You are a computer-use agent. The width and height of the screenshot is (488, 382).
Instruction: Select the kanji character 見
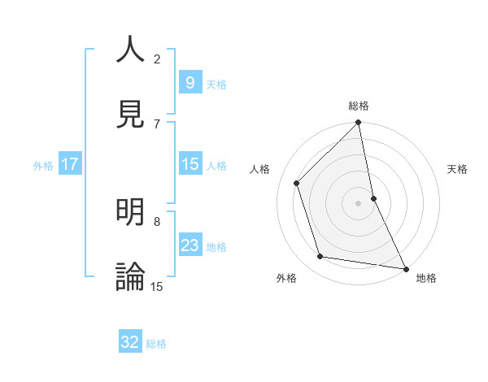[x=131, y=114]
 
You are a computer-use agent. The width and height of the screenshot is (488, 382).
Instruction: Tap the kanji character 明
[x=131, y=212]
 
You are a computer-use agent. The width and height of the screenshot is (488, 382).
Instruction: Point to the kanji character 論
[x=131, y=276]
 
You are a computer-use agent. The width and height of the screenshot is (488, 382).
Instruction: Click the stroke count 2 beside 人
[x=157, y=59]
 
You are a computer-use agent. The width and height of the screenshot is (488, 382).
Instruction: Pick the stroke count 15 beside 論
[x=157, y=286]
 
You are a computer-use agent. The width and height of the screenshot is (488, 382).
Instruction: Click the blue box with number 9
[x=190, y=82]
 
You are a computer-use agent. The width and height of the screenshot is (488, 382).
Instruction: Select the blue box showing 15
[x=190, y=164]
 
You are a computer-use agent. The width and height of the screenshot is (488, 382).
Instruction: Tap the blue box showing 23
[x=190, y=245]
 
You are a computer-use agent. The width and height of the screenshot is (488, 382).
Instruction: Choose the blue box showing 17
[x=70, y=164]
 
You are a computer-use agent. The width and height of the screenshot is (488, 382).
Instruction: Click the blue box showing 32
[x=130, y=342]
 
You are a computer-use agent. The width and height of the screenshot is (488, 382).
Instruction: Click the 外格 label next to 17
[x=43, y=165]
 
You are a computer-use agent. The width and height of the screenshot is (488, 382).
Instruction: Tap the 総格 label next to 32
[x=156, y=344]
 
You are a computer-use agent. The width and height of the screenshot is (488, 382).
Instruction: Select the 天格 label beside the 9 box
[x=216, y=84]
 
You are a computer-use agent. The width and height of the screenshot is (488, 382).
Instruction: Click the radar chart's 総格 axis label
[x=359, y=106]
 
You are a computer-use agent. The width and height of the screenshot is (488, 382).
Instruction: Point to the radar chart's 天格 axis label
[x=458, y=169]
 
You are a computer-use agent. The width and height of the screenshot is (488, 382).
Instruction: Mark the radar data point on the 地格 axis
[x=405, y=268]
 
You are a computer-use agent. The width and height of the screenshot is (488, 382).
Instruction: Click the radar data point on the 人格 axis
[x=297, y=183]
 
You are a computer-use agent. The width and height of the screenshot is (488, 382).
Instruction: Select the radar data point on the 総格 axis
[x=359, y=124]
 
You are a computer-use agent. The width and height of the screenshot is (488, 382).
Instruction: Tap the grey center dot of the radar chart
[x=359, y=203]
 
